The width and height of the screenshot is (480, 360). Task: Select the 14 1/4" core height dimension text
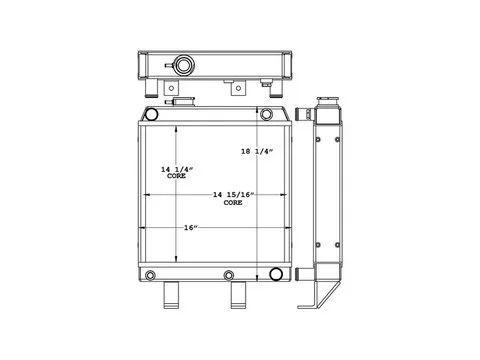pyautogui.click(x=177, y=172)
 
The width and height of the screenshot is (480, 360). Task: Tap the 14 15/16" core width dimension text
pyautogui.click(x=233, y=197)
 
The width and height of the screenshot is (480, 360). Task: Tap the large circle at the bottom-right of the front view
pyautogui.click(x=276, y=273)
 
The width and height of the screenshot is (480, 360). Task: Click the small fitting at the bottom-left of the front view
pyautogui.click(x=150, y=275)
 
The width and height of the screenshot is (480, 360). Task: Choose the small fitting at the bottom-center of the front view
pyautogui.click(x=229, y=275)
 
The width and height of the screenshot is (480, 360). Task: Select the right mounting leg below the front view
pyautogui.click(x=240, y=297)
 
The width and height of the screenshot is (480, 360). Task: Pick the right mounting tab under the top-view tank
pyautogui.click(x=238, y=88)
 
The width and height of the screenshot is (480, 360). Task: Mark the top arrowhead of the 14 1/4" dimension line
pyautogui.click(x=177, y=130)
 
